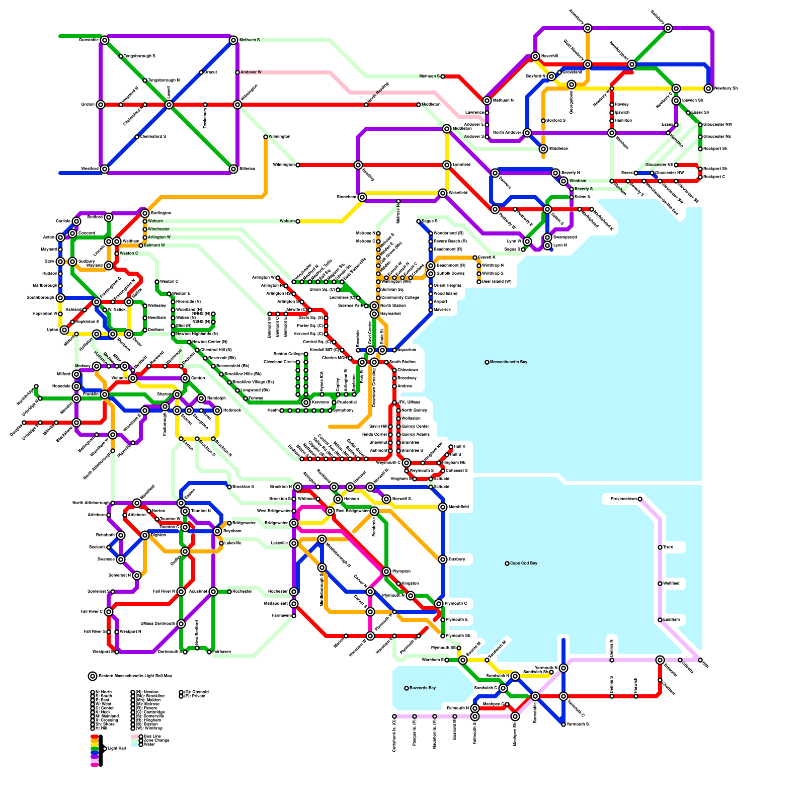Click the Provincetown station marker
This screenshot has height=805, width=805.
point(640,499)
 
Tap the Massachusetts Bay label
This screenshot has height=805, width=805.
point(509,362)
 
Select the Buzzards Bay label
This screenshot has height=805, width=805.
point(423,688)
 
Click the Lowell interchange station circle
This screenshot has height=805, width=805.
point(169,105)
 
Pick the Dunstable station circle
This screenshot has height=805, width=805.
point(105,40)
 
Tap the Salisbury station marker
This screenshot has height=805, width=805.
point(668,28)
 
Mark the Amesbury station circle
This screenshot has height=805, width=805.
point(588,28)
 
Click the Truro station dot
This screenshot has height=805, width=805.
point(660,547)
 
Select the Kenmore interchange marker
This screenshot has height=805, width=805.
point(306,403)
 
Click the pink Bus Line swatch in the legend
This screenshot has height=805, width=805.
point(134,736)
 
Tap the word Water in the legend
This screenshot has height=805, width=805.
point(149,744)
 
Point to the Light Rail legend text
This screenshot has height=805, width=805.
point(117,749)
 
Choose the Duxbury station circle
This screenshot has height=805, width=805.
point(443,559)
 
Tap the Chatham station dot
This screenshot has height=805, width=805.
point(660,680)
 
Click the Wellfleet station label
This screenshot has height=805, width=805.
point(671,583)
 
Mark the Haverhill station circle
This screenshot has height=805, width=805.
point(535,56)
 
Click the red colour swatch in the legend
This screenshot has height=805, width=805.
point(94,737)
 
